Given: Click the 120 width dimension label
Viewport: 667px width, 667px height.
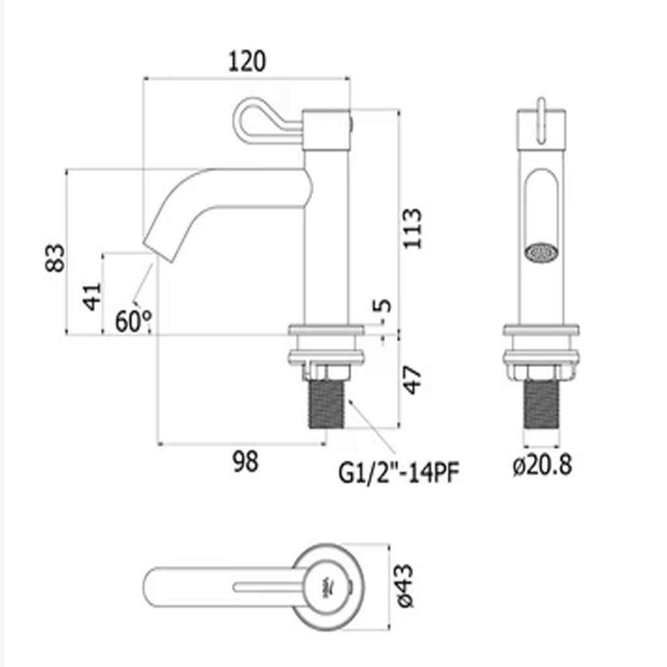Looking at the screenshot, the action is click(x=247, y=61).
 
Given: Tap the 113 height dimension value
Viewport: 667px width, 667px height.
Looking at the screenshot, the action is click(x=412, y=229).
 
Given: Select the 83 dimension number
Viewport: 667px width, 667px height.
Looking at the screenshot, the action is click(x=56, y=258).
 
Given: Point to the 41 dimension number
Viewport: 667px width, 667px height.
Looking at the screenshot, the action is click(x=92, y=296).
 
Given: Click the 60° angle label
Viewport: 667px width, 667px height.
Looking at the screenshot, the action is click(x=133, y=320).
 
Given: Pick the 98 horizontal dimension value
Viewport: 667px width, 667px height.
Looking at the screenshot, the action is click(x=246, y=461).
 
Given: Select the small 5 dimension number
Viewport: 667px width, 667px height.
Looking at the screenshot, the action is click(x=382, y=306).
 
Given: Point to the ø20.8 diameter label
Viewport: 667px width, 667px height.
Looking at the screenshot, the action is click(x=543, y=464).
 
